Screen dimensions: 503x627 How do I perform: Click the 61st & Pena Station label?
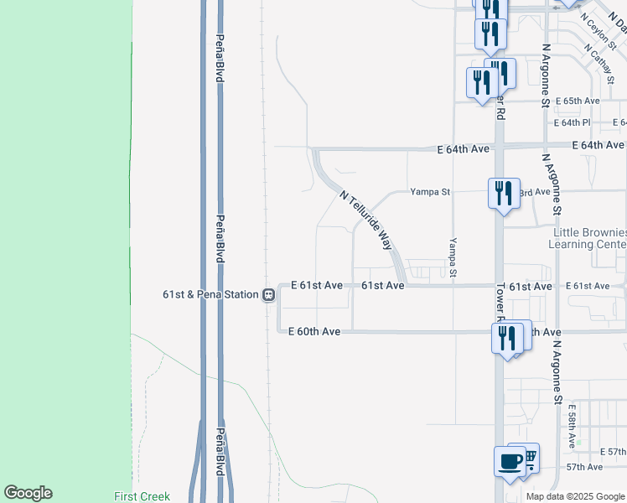(x=210, y=294)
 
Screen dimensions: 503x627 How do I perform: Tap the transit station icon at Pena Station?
(x=268, y=294)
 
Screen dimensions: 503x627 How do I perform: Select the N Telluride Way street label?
(x=366, y=220)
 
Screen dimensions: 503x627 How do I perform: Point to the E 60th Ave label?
(x=314, y=332)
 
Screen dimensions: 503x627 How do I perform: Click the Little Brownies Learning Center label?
(x=588, y=238)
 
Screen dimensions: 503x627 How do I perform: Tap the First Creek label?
(x=142, y=496)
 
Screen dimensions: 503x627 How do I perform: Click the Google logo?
(x=28, y=493)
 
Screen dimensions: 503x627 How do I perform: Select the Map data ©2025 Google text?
(x=574, y=496)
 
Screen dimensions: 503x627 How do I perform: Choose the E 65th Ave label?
(x=578, y=101)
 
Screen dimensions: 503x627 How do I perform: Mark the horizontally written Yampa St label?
(x=430, y=192)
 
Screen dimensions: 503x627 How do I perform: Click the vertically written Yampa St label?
(x=453, y=257)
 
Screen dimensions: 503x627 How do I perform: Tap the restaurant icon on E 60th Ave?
(x=506, y=339)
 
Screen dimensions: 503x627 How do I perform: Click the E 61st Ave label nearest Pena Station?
(x=317, y=286)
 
